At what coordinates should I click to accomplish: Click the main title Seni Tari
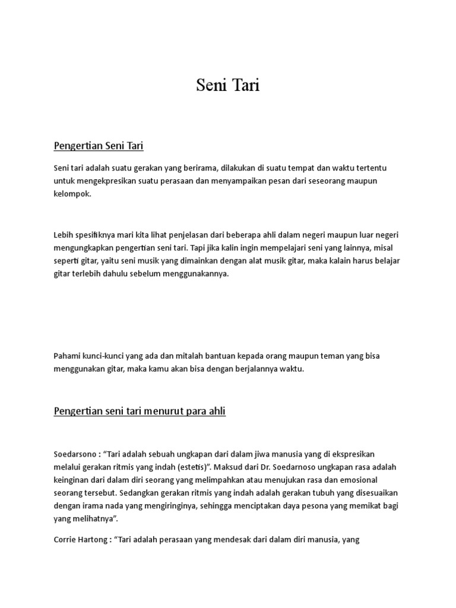pos(228,86)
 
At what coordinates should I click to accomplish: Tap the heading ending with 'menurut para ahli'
pos(140,411)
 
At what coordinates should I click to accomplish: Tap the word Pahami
pos(67,356)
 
